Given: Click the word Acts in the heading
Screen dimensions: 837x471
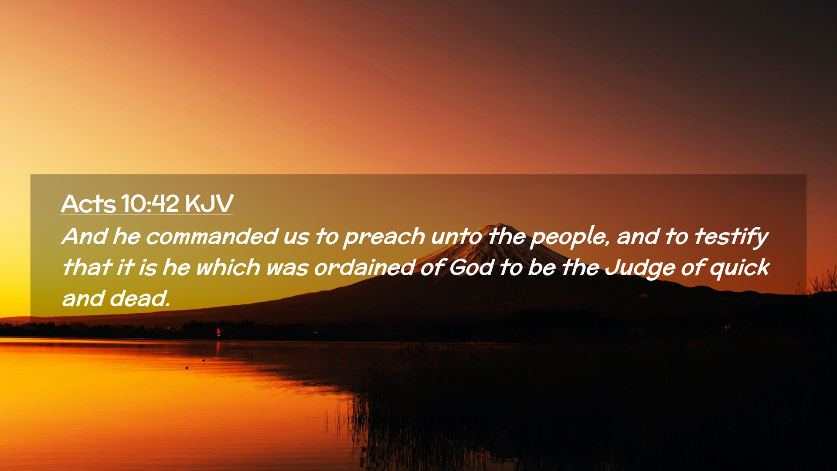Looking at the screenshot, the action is [88, 203].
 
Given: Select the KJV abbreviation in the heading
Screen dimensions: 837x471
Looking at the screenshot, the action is [209, 203].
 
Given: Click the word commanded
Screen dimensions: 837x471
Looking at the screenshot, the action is [212, 236].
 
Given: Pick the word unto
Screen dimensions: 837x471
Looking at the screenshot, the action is [456, 237].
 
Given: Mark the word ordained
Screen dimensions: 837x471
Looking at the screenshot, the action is [364, 267].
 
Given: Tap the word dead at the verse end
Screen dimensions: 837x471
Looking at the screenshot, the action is [139, 298].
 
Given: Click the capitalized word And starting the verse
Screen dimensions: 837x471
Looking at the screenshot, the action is [85, 236].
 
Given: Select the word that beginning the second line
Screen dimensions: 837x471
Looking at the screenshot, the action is [87, 267].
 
